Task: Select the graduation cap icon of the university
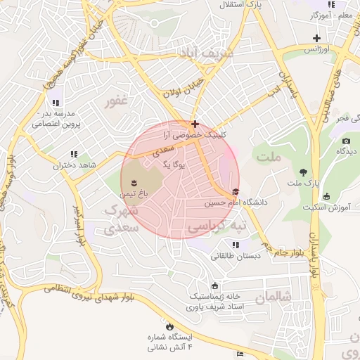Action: (235, 192)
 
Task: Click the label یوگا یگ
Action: (173, 165)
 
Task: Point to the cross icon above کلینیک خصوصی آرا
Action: (195, 124)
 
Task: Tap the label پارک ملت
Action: (304, 183)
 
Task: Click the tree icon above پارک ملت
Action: (303, 172)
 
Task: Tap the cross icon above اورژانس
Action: (317, 38)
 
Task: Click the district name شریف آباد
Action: (205, 53)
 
